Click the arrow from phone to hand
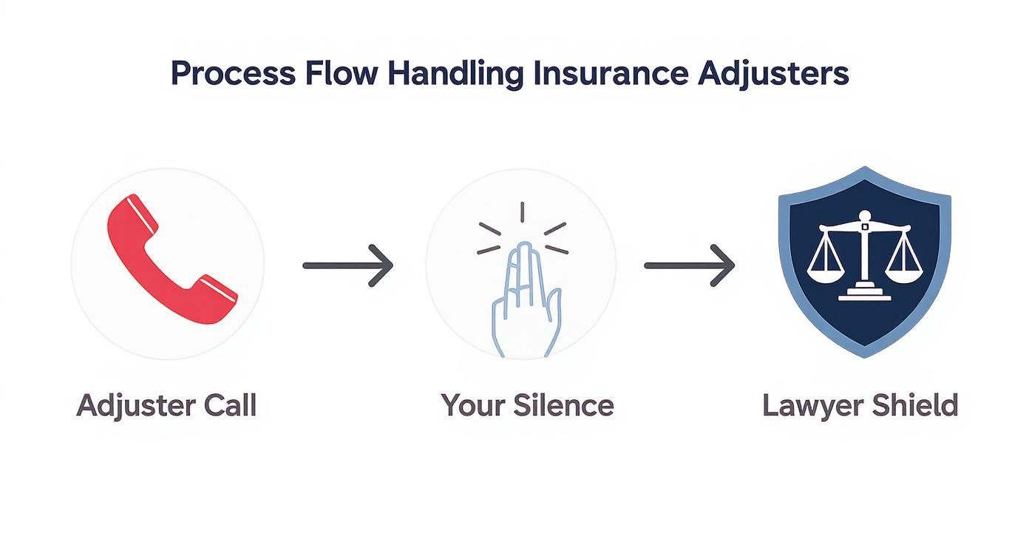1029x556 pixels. [x=347, y=265]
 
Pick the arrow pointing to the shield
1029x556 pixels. [x=689, y=265]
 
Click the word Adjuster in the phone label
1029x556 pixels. [x=136, y=406]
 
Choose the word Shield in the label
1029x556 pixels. [x=915, y=405]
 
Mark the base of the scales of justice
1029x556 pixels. [x=864, y=294]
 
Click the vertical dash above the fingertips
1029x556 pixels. [x=523, y=213]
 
